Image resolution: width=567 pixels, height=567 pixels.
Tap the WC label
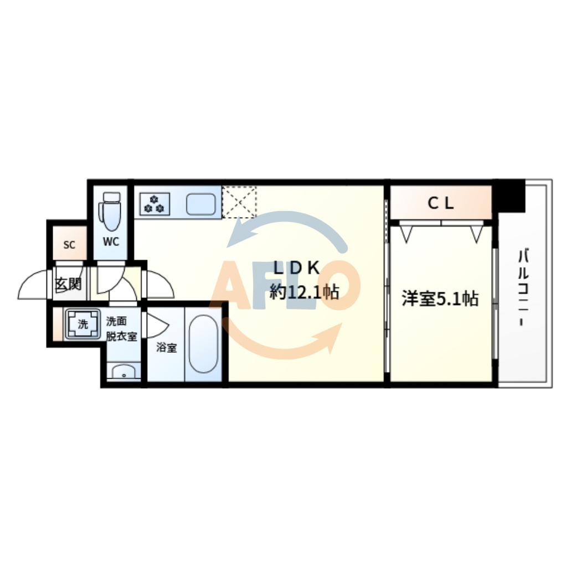pyautogui.click(x=111, y=243)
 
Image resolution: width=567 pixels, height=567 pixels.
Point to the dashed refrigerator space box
pyautogui.click(x=239, y=202)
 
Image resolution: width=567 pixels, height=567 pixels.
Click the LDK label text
pyautogui.click(x=297, y=268)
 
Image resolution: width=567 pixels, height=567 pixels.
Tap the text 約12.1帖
pyautogui.click(x=304, y=292)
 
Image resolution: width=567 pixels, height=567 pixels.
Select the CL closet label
pyautogui.click(x=441, y=203)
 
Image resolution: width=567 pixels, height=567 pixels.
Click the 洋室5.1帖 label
pyautogui.click(x=440, y=299)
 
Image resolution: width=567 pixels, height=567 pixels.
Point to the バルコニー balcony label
pyautogui.click(x=523, y=288)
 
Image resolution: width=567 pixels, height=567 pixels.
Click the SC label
pyautogui.click(x=69, y=245)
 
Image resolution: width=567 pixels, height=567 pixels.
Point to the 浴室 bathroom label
pyautogui.click(x=167, y=348)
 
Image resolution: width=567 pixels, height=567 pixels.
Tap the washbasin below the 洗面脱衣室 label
pyautogui.click(x=123, y=373)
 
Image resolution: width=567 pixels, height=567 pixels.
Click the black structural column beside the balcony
pyautogui.click(x=510, y=195)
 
